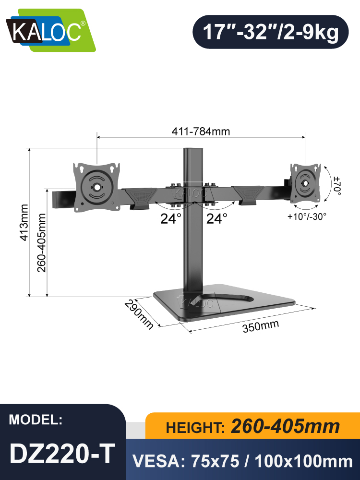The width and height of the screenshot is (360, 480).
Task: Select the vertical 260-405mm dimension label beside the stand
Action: click(x=41, y=242)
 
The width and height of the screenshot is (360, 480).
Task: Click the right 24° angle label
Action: click(x=216, y=219)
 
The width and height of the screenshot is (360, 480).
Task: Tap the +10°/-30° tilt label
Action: click(x=307, y=216)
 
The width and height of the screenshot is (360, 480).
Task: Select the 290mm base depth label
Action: click(x=139, y=314)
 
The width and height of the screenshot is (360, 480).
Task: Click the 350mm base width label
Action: click(x=260, y=327)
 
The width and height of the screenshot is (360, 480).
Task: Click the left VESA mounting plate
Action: click(x=96, y=187)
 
